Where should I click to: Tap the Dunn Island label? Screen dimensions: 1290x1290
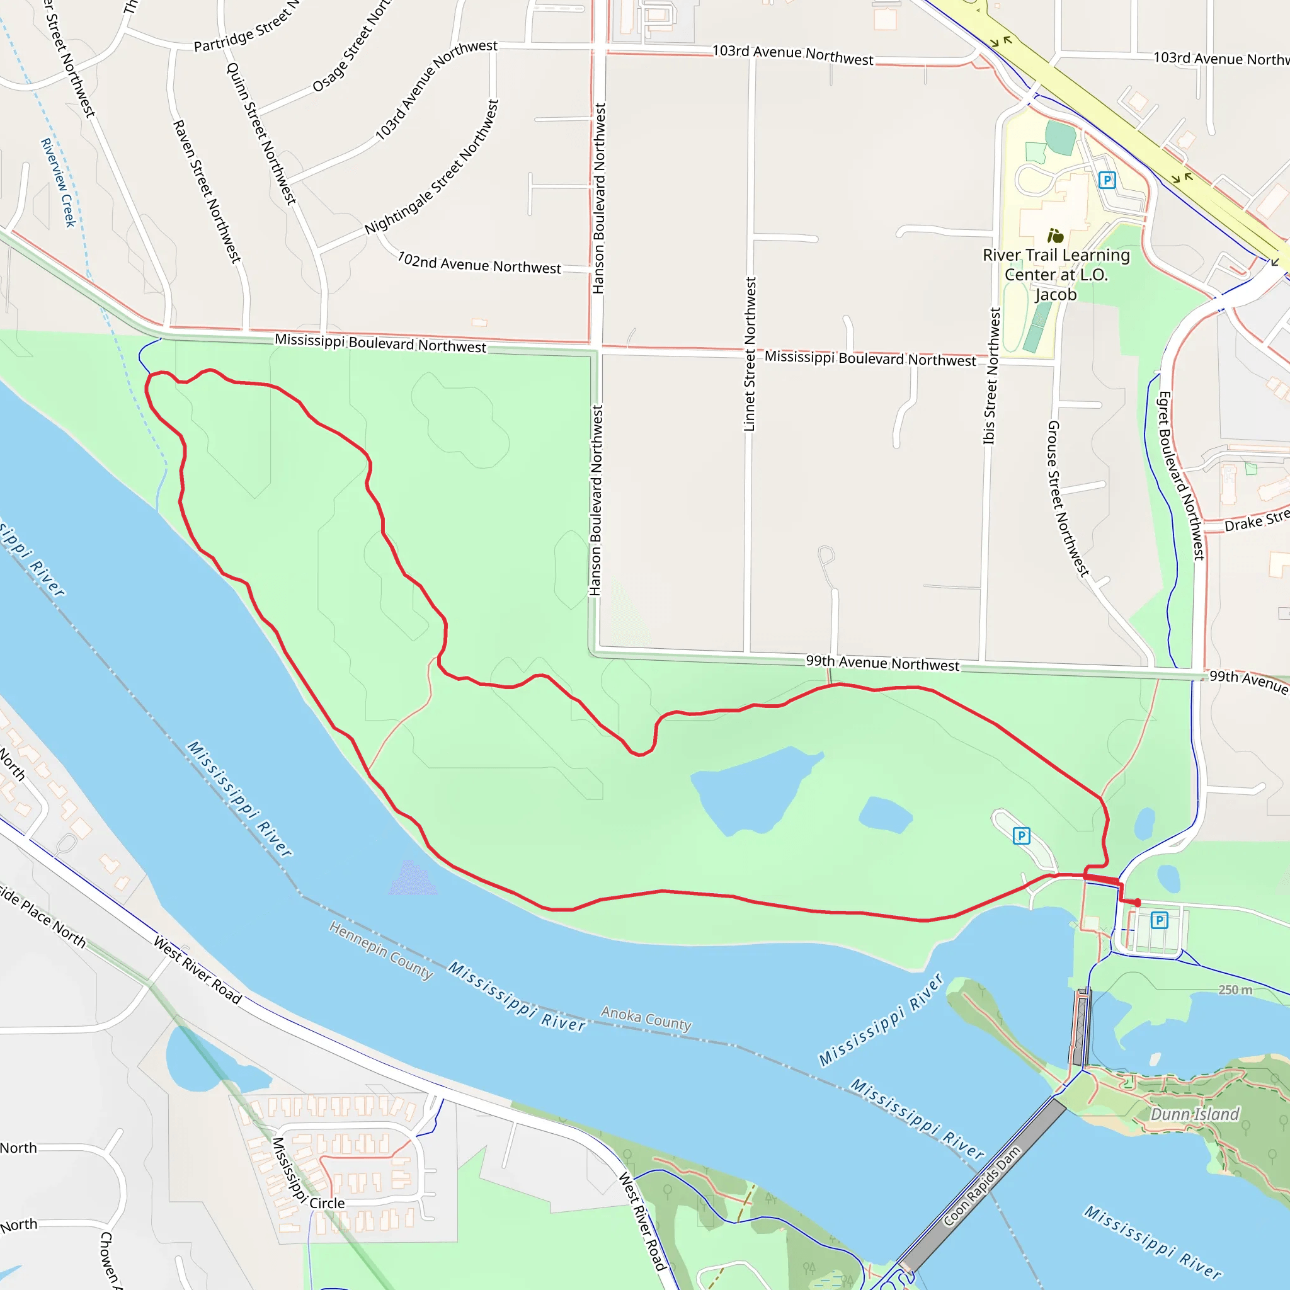click(1194, 1114)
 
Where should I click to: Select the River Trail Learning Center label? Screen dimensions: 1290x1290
click(1056, 275)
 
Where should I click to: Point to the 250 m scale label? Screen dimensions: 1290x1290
click(1235, 990)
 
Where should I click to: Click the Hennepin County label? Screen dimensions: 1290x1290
click(380, 950)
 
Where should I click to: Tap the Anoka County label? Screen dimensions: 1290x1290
click(646, 1019)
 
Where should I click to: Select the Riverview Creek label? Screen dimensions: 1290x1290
click(58, 182)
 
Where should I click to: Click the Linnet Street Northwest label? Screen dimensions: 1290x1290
click(750, 355)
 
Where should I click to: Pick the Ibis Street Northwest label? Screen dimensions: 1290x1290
click(991, 376)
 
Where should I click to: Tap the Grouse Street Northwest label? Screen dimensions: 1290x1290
click(1068, 498)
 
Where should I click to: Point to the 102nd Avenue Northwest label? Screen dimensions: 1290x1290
click(479, 263)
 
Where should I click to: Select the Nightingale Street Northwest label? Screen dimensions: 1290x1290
click(432, 168)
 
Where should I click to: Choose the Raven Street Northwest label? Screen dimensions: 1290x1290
click(207, 191)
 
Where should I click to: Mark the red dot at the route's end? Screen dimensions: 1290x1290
click(1137, 903)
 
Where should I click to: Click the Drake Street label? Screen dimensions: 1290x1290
click(1256, 520)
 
